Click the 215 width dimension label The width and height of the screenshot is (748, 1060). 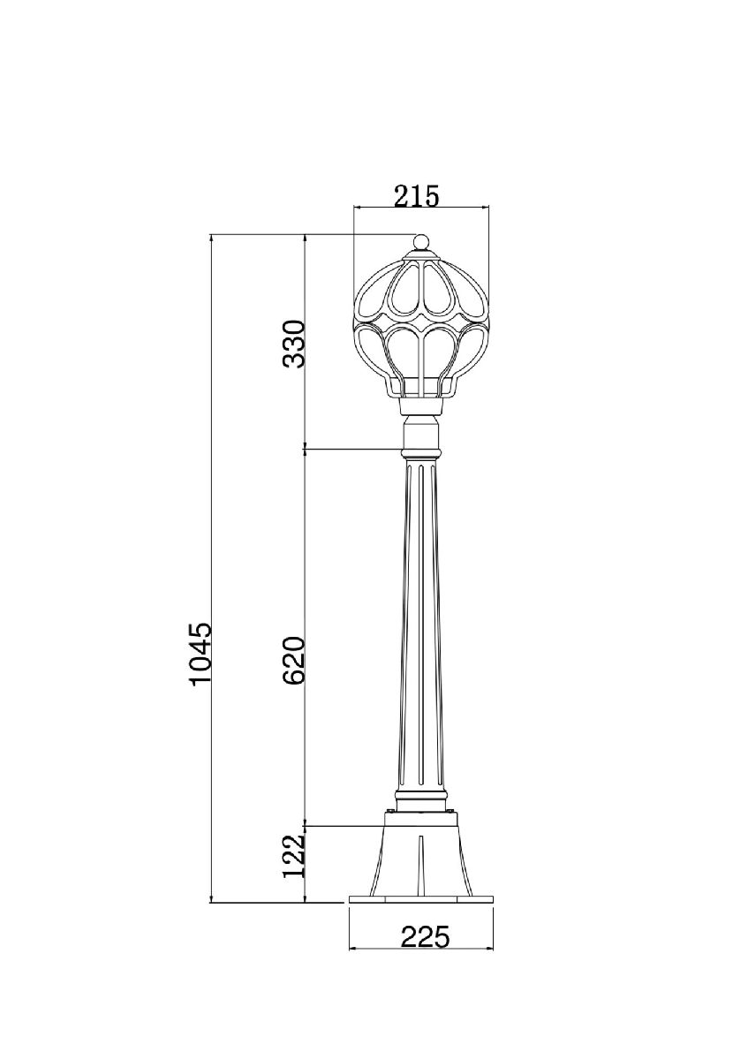pyautogui.click(x=417, y=196)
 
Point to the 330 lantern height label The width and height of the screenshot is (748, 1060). pyautogui.click(x=292, y=344)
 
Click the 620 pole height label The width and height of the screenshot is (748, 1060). pyautogui.click(x=292, y=661)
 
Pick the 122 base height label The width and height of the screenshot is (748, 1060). pyautogui.click(x=292, y=856)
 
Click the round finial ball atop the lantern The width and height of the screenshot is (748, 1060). pyautogui.click(x=420, y=243)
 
